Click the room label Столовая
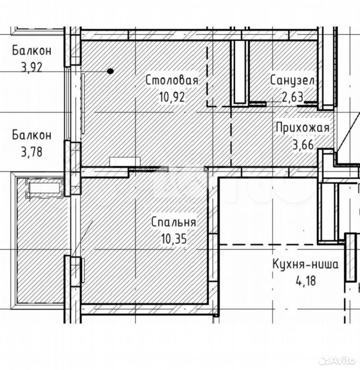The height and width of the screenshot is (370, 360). click(x=172, y=80)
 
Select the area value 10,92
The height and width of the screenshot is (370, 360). click(x=172, y=97)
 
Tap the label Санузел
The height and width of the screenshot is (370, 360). click(x=292, y=81)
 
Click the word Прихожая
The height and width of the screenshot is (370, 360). click(x=303, y=128)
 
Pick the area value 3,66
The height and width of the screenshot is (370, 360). click(x=303, y=145)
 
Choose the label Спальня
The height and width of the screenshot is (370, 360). click(x=174, y=222)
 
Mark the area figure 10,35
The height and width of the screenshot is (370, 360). click(x=174, y=239)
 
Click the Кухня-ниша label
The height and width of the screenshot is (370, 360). click(x=306, y=264)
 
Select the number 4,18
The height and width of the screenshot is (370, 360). click(x=306, y=281)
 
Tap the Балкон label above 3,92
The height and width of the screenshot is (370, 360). click(x=32, y=51)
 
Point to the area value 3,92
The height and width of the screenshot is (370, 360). click(x=32, y=67)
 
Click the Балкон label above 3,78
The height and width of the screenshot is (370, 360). click(x=32, y=135)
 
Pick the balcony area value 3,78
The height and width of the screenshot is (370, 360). click(x=32, y=152)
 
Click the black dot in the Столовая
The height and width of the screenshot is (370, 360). click(x=110, y=71)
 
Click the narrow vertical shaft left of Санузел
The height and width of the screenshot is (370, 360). click(x=240, y=72)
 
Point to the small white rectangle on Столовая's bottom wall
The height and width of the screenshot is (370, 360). click(x=125, y=162)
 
